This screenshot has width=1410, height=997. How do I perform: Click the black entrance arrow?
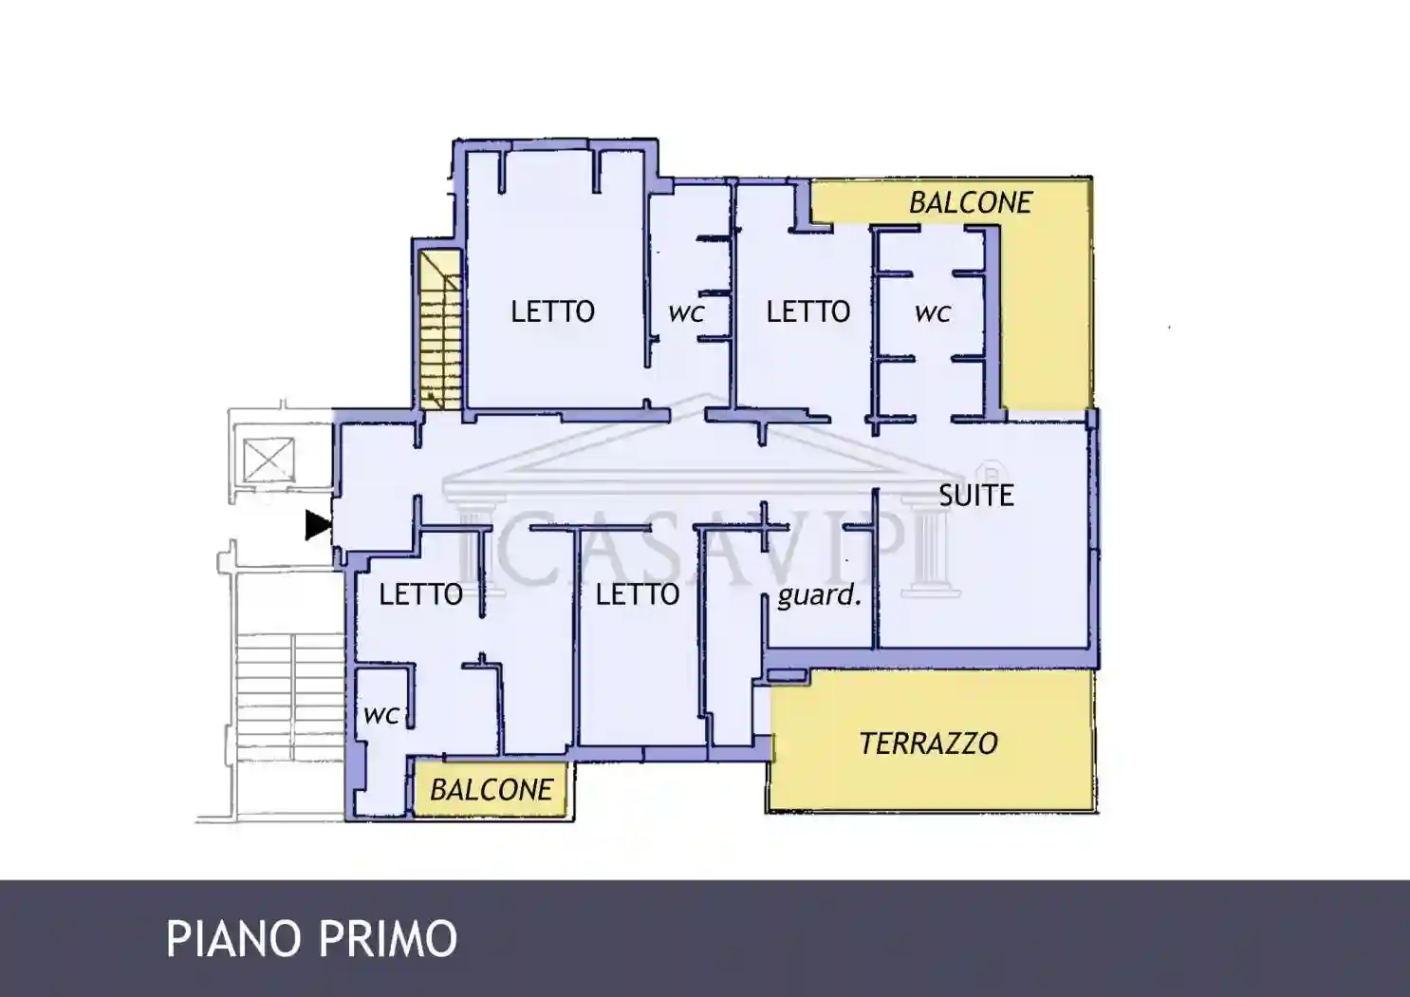click(318, 525)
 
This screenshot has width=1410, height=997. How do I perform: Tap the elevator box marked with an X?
click(269, 461)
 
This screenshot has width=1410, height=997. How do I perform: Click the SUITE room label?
click(976, 496)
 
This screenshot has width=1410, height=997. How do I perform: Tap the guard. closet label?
click(819, 595)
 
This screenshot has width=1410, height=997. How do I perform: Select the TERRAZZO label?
click(928, 743)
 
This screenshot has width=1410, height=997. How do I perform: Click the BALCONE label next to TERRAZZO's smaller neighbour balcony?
click(491, 790)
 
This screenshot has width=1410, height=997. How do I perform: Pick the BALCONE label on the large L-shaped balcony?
click(970, 202)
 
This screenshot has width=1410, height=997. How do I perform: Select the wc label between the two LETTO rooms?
click(686, 312)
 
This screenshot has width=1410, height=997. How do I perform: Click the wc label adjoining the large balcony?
click(932, 312)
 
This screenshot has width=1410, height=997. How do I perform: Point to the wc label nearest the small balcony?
click(380, 714)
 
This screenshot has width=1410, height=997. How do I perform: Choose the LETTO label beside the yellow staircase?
click(552, 311)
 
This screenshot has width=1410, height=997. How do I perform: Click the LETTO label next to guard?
click(638, 594)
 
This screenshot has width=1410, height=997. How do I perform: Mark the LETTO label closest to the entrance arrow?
click(420, 594)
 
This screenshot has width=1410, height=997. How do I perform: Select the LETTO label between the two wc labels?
click(807, 311)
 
